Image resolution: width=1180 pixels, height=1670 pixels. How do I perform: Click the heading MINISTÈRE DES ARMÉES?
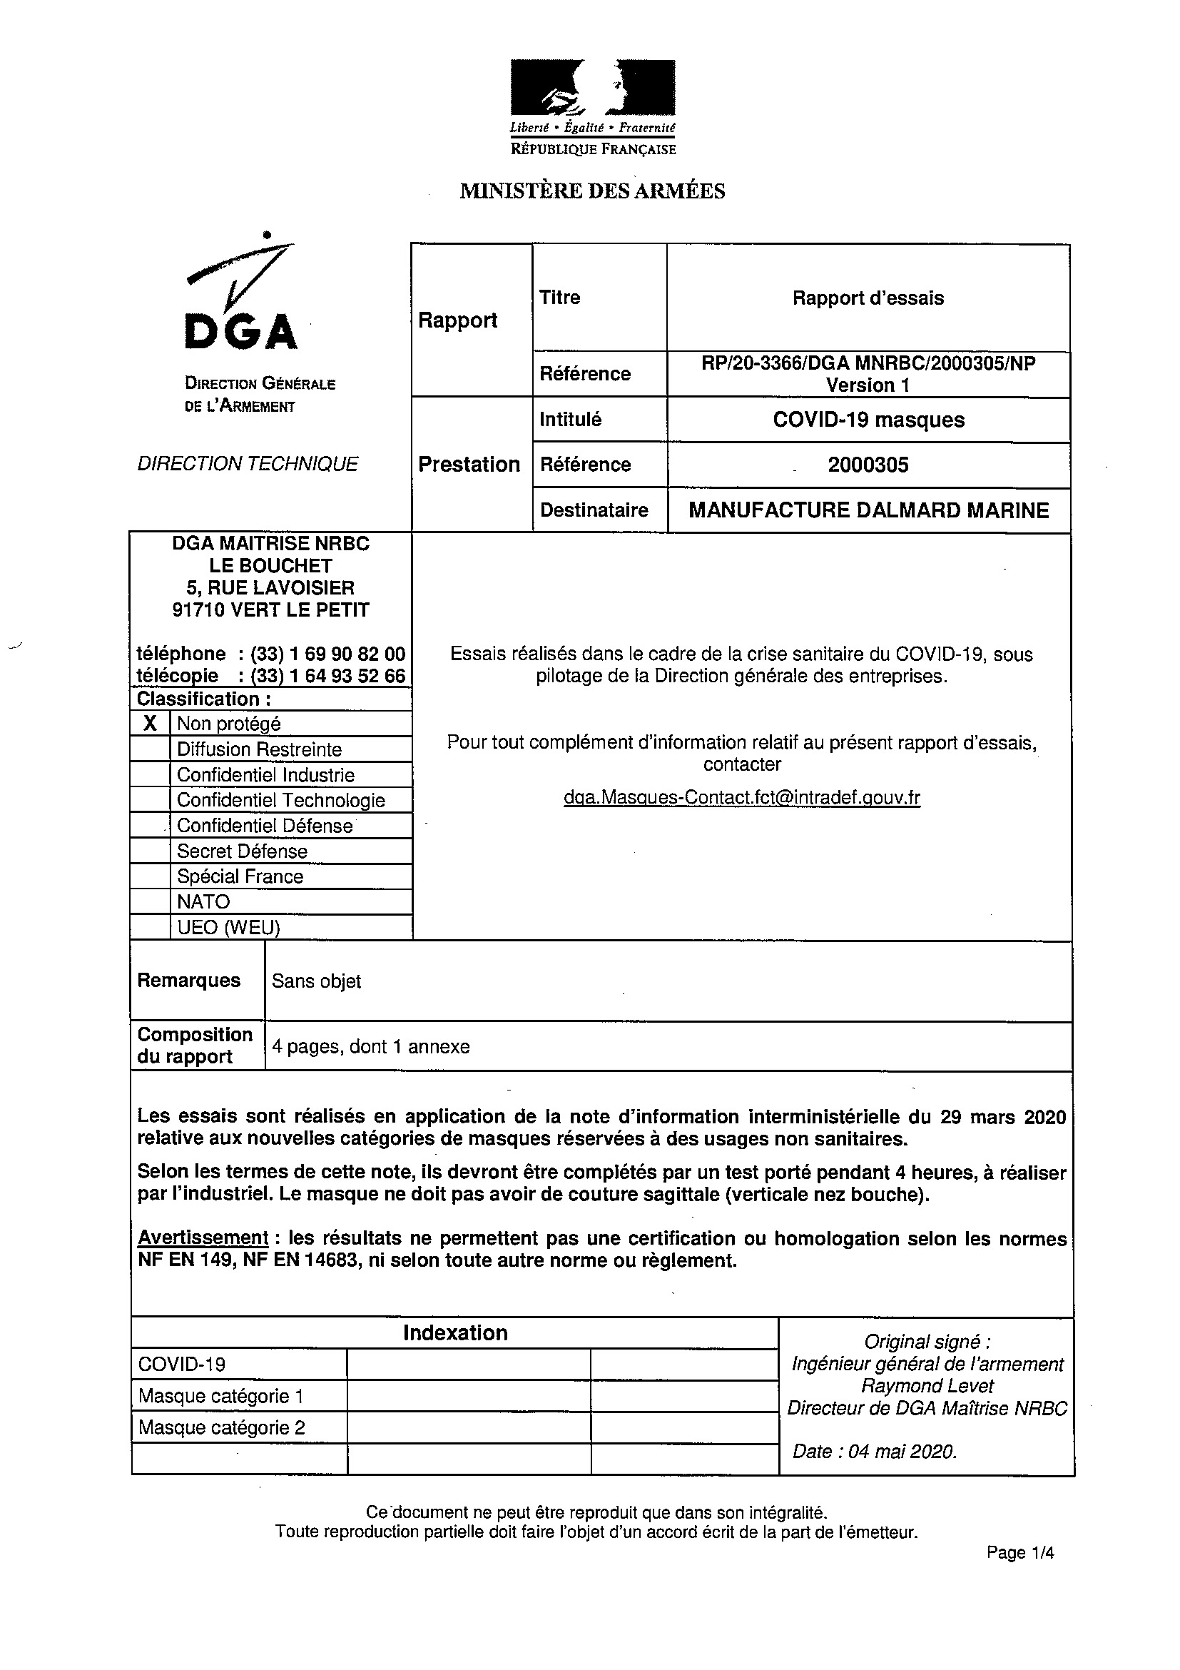592,191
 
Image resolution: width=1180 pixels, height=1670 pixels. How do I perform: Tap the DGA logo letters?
240,332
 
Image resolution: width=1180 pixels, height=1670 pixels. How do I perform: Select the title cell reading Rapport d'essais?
868,298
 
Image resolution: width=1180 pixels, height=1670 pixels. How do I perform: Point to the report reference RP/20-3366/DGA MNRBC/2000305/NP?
868,363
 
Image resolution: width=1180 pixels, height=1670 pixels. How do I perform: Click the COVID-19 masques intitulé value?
868,420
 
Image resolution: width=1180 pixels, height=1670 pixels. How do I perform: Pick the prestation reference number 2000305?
868,465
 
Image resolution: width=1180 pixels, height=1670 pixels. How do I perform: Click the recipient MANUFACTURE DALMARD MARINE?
868,510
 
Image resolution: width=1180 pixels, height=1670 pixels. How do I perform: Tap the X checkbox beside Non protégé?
151,724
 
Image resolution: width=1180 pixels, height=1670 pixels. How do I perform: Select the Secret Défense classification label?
242,851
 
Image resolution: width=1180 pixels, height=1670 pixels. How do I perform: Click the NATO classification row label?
203,902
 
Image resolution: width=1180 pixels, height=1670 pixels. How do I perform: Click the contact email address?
741,798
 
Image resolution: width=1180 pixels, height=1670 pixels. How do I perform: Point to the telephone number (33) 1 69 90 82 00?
327,654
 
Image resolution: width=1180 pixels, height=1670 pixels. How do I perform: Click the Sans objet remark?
316,981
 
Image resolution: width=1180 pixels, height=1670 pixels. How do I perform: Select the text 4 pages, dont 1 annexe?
371,1047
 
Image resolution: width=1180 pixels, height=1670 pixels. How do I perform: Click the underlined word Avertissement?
203,1238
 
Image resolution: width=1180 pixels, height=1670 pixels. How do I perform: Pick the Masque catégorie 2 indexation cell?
222,1427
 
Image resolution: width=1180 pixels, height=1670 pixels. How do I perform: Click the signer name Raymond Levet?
927,1386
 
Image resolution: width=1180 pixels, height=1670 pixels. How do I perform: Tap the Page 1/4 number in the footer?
1019,1553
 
